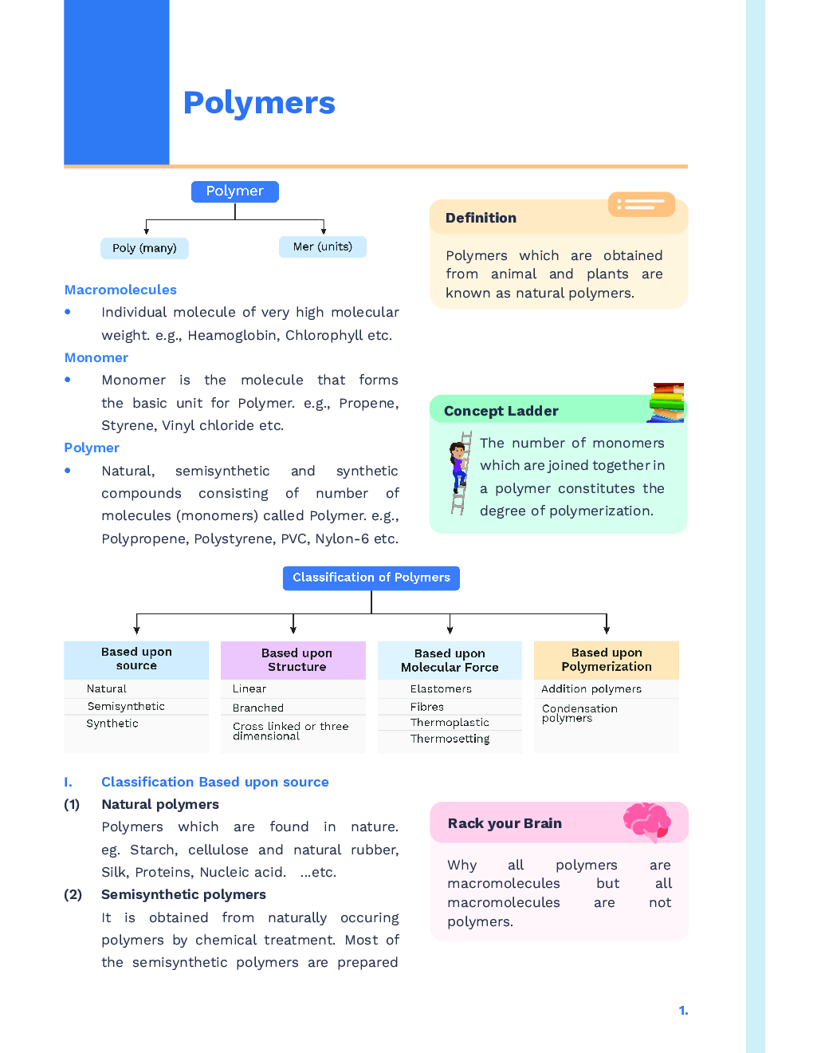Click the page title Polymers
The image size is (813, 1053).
point(259,103)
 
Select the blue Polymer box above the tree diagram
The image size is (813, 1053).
point(234,191)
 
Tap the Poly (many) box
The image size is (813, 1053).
point(144,248)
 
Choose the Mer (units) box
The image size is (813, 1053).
point(322,246)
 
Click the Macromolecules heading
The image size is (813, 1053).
point(120,290)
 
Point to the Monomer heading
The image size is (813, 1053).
point(96,357)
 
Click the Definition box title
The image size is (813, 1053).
point(481,218)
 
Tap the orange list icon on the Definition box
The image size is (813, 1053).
point(641,205)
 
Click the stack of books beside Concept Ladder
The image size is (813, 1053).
point(666,402)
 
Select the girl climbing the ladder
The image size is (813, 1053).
point(458,471)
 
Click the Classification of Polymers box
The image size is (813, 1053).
point(371,578)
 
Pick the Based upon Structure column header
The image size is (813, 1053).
point(297,660)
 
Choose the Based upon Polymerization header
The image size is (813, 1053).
point(606,660)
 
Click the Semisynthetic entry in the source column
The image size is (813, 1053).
point(126,706)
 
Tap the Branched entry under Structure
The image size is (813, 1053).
point(257,708)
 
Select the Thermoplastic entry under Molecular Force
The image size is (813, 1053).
point(450,722)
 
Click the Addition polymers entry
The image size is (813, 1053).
point(591,688)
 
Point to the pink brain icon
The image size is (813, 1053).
point(646,822)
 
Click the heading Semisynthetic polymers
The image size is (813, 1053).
point(183,894)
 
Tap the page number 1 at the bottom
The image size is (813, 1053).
point(683,1011)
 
